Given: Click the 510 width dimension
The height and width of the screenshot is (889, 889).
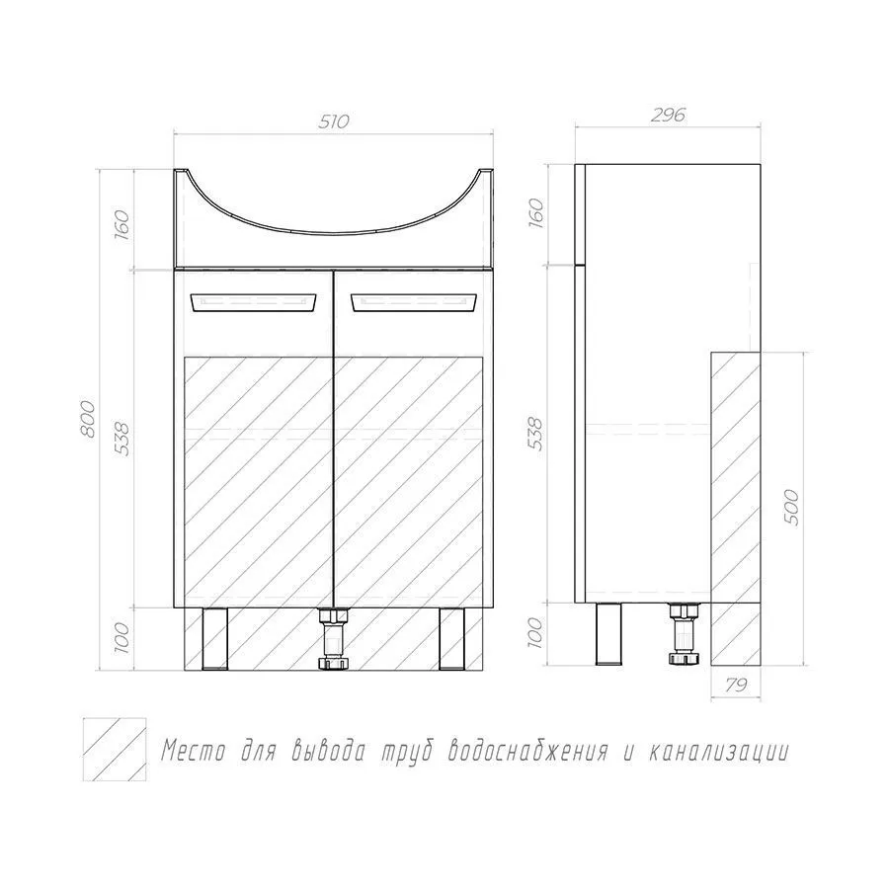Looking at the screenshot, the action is click(334, 121).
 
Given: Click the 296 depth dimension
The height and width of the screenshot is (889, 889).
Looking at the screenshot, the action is click(668, 116).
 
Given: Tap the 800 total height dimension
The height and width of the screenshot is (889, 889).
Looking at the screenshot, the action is click(88, 419).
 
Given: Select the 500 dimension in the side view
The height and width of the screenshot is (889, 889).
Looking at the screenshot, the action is click(793, 508).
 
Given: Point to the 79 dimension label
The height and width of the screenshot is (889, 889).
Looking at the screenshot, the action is click(735, 686).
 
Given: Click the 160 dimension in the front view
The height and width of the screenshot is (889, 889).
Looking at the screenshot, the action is click(122, 224).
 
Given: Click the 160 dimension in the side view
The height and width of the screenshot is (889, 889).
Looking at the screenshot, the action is click(535, 212).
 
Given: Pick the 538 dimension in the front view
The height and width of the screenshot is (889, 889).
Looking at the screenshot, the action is click(122, 438).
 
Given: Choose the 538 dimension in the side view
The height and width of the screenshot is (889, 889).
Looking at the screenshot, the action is click(535, 434).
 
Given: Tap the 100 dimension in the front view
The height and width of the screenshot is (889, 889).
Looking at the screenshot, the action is click(122, 637).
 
